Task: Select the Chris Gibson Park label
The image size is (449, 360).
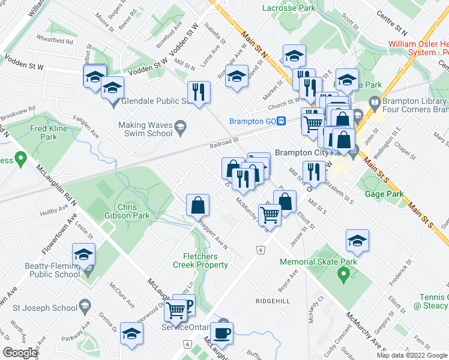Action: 133,211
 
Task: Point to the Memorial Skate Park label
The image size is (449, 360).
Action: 318,262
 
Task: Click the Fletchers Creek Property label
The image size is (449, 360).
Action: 196,260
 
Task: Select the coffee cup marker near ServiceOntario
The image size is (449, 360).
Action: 221,332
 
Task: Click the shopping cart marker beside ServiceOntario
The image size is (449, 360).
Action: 176,310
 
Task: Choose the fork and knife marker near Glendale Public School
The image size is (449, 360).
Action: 199,92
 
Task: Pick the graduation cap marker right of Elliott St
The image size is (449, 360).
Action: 357,241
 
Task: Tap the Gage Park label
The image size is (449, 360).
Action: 382,194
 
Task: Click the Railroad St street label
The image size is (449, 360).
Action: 224,142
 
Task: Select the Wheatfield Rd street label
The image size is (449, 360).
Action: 55,43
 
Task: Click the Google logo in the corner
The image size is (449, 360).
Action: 19,353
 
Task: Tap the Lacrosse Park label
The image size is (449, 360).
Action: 289,8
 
